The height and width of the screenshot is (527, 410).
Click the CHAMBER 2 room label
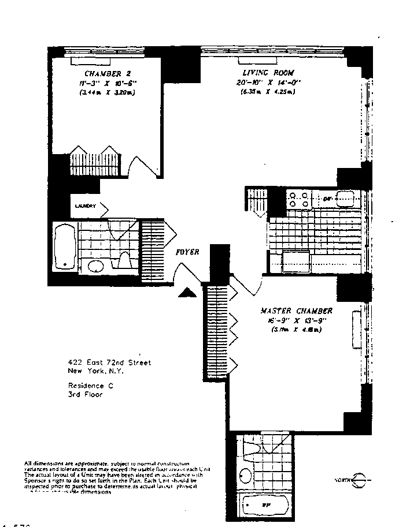[103, 73]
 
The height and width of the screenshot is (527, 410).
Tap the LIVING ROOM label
[269, 73]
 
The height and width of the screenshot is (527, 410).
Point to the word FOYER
[189, 252]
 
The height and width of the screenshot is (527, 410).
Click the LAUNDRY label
[85, 205]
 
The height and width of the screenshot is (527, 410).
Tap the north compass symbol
[360, 480]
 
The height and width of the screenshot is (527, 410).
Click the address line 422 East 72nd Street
[109, 362]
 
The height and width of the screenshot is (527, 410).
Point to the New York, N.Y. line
[96, 371]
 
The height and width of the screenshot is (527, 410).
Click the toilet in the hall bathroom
[124, 263]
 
